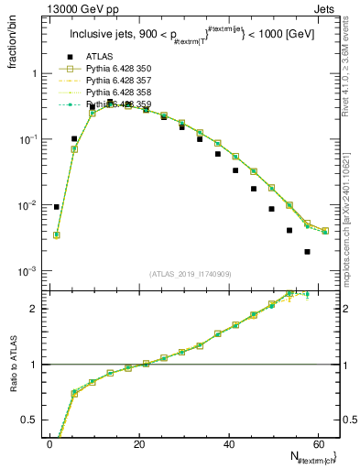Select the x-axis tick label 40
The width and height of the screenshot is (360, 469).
click(227, 444)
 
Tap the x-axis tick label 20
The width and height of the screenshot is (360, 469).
click(137, 444)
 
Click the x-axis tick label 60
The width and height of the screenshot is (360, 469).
click(317, 444)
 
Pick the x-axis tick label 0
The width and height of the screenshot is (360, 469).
click(49, 444)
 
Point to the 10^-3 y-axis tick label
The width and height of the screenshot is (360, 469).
click(26, 272)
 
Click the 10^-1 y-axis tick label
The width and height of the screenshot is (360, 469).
click(26, 139)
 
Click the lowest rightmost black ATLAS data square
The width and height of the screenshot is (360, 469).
click(308, 251)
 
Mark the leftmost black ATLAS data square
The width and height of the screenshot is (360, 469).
click(57, 207)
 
